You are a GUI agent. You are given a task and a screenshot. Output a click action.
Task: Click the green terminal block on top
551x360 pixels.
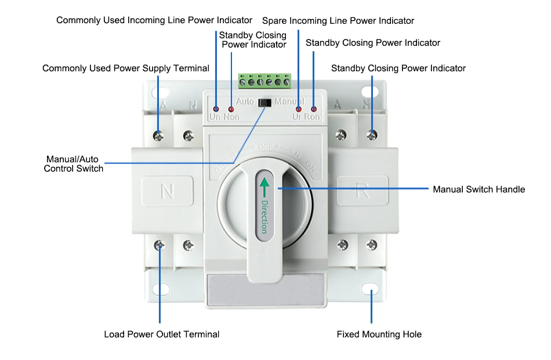coord(264,81)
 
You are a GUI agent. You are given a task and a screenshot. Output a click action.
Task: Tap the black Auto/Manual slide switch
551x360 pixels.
coord(264,103)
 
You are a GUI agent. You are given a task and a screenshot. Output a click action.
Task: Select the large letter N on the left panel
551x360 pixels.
coord(167,191)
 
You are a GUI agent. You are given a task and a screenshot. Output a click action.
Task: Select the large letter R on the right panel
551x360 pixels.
coord(362,191)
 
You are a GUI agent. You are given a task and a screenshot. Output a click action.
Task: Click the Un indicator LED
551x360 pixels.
coord(216,109)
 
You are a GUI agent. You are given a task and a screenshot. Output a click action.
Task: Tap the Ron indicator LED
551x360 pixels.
coord(314,109)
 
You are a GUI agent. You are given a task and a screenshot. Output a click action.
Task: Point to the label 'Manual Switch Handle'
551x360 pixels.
coord(478,190)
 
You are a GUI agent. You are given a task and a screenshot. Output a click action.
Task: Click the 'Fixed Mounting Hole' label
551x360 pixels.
coord(379,334)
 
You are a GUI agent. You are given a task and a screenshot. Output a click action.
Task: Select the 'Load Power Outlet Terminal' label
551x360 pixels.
coord(161,334)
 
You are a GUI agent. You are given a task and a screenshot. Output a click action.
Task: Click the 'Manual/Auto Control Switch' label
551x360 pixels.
coord(73,163)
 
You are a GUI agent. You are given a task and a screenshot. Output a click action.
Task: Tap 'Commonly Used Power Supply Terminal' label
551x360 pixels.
coord(125,68)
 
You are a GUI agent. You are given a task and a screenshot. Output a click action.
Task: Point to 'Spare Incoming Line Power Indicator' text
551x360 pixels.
coord(338,21)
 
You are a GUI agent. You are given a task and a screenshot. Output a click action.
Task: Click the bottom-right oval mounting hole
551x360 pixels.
coord(370,289)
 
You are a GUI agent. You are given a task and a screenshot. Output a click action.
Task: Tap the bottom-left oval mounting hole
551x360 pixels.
coord(160,289)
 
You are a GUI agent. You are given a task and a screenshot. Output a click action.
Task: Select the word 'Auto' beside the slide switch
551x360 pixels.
coord(245,101)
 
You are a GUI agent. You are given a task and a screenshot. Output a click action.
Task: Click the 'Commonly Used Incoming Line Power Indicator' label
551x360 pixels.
coord(154,20)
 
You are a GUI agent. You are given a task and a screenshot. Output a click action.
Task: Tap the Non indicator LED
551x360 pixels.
coord(231,109)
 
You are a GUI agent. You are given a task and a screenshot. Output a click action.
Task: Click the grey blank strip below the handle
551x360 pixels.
coord(264,289)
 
